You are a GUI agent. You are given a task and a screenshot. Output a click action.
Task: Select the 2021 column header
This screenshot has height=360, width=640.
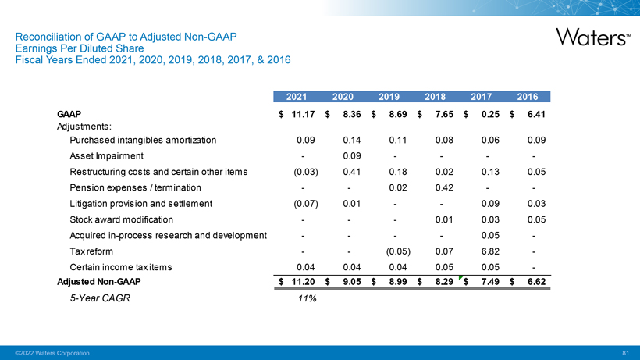(x=296, y=97)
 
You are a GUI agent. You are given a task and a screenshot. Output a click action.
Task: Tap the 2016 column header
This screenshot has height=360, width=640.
(x=528, y=97)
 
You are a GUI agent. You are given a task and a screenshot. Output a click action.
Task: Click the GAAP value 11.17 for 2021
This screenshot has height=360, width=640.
(x=302, y=115)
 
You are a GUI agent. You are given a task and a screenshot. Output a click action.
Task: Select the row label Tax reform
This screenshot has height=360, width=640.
(x=91, y=251)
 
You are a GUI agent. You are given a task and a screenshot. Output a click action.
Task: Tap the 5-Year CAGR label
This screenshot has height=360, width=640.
(x=98, y=298)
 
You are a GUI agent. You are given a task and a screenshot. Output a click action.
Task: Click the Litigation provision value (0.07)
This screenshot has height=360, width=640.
(x=302, y=204)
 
